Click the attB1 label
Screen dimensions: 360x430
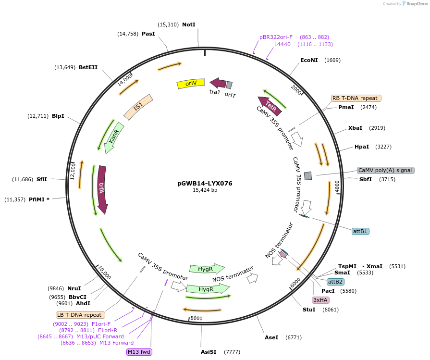[360, 231]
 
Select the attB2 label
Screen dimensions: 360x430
[335, 282]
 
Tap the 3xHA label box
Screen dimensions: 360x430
[320, 300]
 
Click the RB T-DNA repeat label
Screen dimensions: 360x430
[356, 98]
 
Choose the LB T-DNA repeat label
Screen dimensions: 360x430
[79, 315]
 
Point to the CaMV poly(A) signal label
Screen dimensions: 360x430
[386, 170]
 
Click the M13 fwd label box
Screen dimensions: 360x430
[139, 352]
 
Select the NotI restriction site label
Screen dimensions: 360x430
[189, 24]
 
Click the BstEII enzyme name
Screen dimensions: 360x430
[88, 67]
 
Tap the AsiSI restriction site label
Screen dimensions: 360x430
[209, 352]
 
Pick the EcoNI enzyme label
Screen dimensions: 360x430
[309, 60]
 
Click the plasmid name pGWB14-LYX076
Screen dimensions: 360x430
[205, 183]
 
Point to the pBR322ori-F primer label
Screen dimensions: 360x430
[276, 37]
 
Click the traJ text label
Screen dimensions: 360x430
[214, 91]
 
